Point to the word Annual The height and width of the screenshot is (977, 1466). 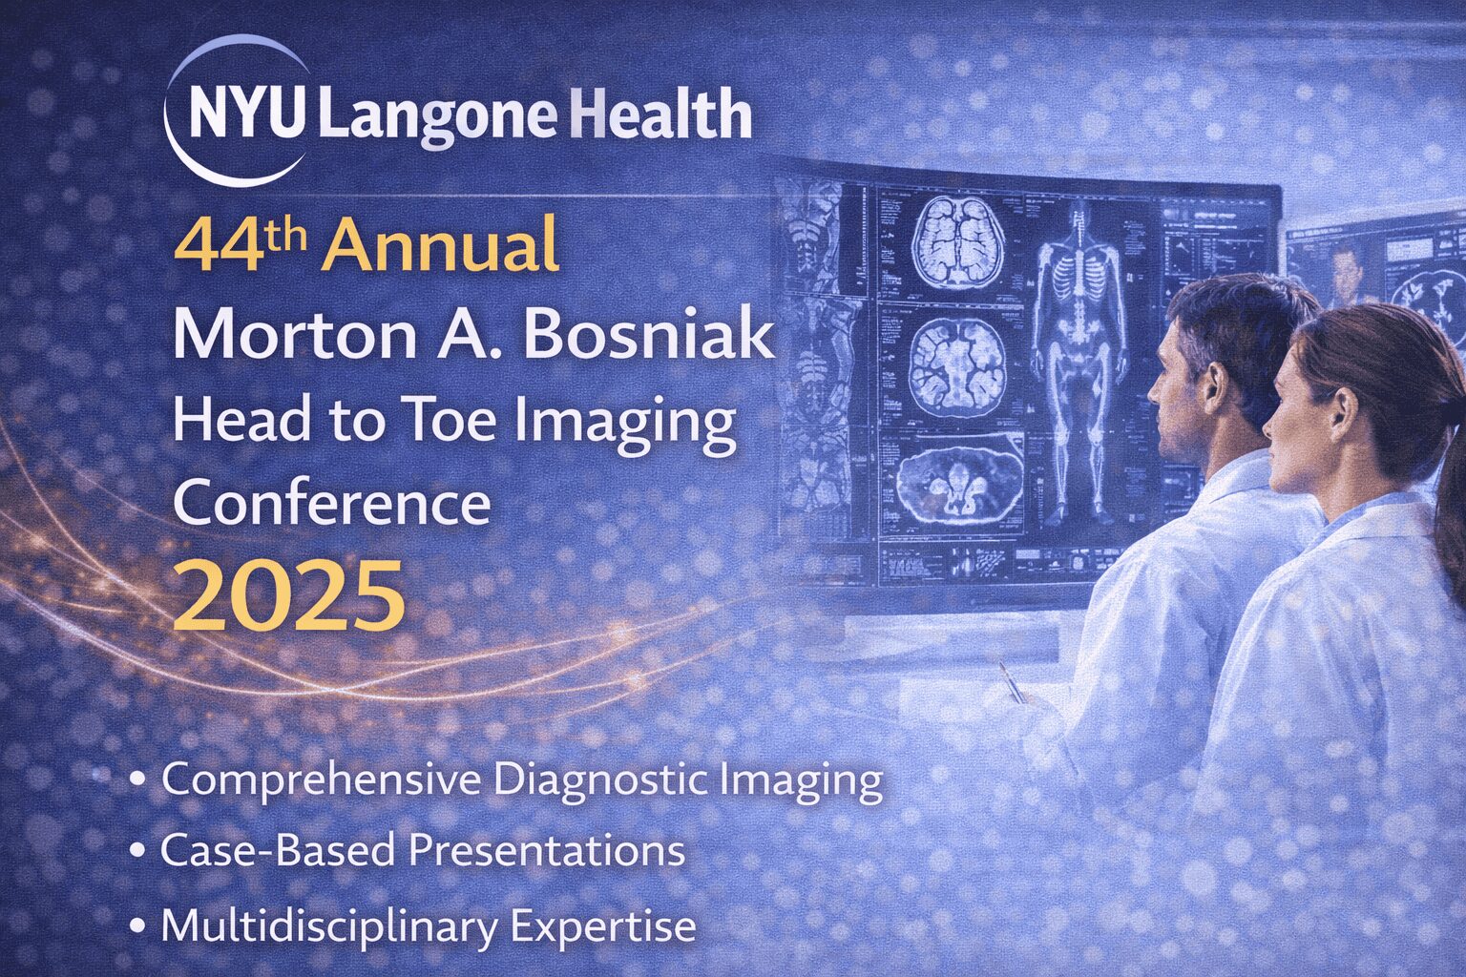(x=439, y=245)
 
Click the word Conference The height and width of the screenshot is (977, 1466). (x=331, y=503)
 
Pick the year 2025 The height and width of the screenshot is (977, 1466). (x=289, y=595)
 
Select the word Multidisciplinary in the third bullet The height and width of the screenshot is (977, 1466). (x=328, y=926)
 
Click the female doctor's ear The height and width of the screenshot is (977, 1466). (x=1343, y=410)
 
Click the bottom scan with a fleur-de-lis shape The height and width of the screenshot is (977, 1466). (x=960, y=486)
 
